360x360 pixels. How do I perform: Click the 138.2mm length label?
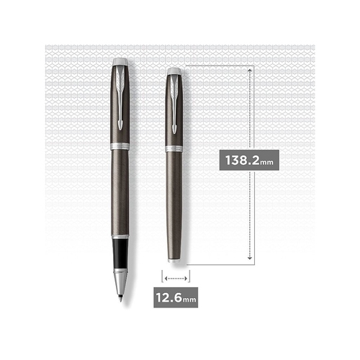pyautogui.click(x=249, y=160)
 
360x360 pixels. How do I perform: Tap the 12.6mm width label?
pyautogui.click(x=176, y=297)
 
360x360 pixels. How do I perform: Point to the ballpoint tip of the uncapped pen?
pyautogui.click(x=121, y=300)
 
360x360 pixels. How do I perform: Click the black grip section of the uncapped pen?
pyautogui.click(x=120, y=253)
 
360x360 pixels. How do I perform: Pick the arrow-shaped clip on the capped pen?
pyautogui.click(x=174, y=104)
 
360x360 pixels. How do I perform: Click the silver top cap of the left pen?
pyautogui.click(x=120, y=61)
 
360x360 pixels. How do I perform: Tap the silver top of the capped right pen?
pyautogui.click(x=174, y=71)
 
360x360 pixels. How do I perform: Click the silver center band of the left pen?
pyautogui.click(x=120, y=146)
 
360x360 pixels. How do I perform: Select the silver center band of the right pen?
pyautogui.click(x=174, y=148)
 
